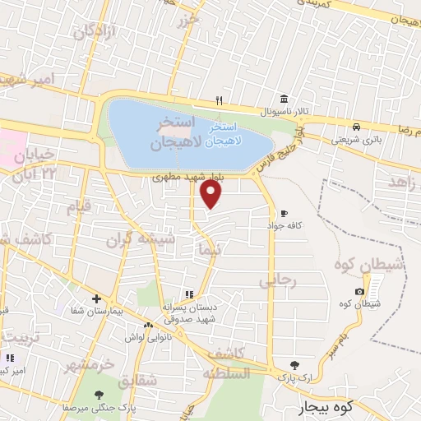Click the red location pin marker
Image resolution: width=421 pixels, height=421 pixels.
211,193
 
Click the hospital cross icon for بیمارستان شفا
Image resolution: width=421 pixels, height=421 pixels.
96,298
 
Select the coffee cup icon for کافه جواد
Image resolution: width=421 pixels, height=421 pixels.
285,213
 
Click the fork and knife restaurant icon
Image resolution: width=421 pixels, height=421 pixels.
219,100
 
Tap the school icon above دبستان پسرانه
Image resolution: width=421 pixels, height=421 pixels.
189,294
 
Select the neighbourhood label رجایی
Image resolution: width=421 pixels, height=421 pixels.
277,280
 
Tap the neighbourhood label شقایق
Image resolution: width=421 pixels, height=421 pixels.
136,382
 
